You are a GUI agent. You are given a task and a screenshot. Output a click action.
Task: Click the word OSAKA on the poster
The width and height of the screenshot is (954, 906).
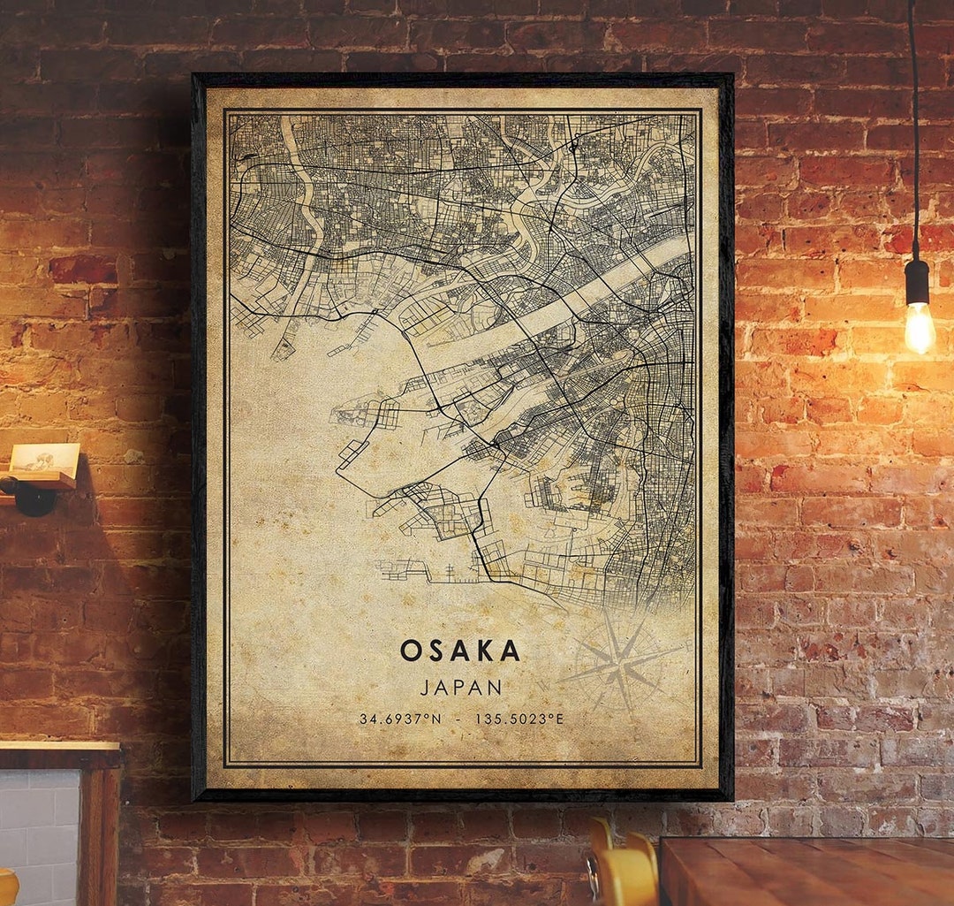point(460,651)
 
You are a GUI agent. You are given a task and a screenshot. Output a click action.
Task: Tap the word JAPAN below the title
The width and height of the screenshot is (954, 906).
point(460,687)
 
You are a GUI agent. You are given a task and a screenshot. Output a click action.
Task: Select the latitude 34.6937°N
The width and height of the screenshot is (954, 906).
point(400,719)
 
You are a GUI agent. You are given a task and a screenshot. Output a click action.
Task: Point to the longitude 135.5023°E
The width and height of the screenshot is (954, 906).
point(519,719)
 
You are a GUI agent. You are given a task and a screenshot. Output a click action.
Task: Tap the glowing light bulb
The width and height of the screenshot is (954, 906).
point(919,326)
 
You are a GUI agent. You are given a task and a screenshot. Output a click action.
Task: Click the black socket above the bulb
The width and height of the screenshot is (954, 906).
point(917,282)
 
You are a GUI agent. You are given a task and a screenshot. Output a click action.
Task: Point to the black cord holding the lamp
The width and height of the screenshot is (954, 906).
point(913,133)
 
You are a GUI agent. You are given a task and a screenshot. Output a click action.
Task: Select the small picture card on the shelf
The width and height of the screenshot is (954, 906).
point(44,458)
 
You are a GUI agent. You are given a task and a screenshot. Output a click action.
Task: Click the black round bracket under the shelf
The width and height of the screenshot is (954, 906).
point(33,498)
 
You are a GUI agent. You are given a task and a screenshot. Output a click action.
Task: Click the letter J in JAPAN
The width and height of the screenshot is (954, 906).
point(424,687)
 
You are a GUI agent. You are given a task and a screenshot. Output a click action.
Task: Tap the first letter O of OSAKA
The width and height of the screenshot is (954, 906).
point(408,651)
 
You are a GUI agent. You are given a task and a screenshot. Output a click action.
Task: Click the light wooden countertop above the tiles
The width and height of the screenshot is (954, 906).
point(57,747)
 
